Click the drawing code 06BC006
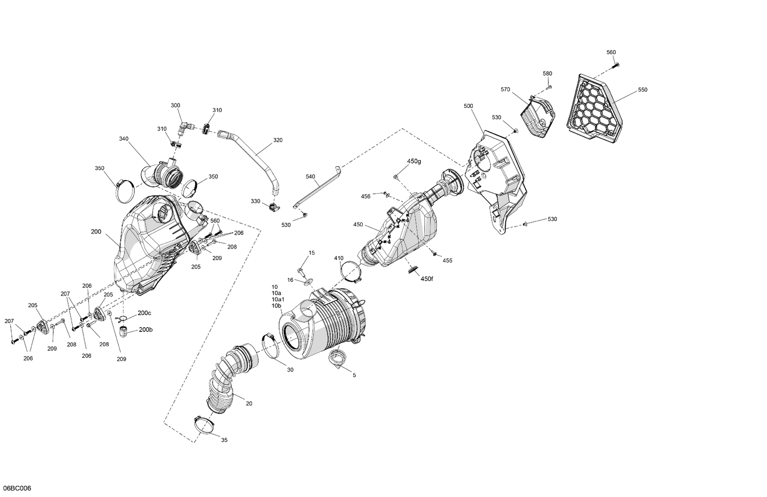coord(17,488)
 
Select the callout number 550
coord(642,89)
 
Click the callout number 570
coord(505,89)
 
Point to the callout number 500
coord(468,106)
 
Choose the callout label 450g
coord(414,161)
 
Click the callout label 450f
coord(427,279)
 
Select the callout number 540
coord(310,176)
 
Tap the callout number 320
coord(278,140)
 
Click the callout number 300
coord(175,105)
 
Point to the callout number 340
coord(124,139)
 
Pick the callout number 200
coord(96,232)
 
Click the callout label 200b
coord(145,330)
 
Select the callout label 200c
coord(145,313)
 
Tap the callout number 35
coord(224,440)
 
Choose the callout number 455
coord(447,260)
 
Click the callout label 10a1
coord(278,299)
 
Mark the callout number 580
coord(547,74)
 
